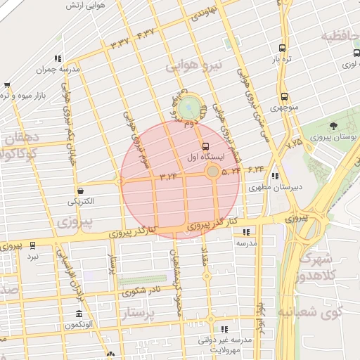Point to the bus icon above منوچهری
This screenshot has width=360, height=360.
click(284, 97)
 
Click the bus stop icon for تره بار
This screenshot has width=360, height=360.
click(282, 49)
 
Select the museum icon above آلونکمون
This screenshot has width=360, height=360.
click(79, 314)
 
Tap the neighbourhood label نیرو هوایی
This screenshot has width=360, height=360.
click(194, 67)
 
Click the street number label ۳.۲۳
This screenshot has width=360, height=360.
click(169, 176)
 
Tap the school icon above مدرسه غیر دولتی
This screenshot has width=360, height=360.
click(224, 328)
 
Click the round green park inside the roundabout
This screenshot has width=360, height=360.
click(188, 108)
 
